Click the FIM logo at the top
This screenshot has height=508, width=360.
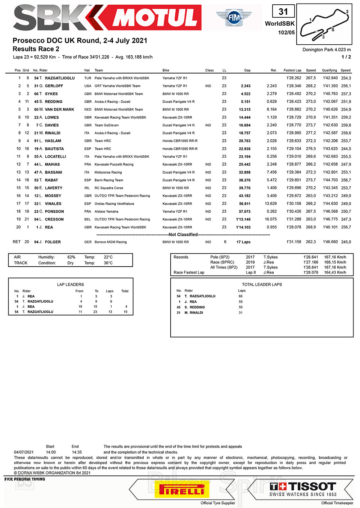tap(234, 17)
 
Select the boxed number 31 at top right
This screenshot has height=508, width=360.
tap(283, 12)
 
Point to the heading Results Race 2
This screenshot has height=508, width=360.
tap(36, 49)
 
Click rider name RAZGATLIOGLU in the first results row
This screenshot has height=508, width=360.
tap(60, 78)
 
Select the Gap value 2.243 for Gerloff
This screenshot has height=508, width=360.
tap(246, 86)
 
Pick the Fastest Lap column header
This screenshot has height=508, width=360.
tap(292, 70)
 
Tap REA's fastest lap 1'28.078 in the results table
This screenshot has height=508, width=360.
tap(294, 227)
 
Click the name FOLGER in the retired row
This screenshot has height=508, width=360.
tap(53, 242)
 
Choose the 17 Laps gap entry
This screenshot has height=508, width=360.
tap(243, 242)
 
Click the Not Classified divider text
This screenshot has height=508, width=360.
tap(183, 235)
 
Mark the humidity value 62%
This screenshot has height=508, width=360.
tap(71, 257)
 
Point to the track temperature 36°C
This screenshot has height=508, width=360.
tap(108, 263)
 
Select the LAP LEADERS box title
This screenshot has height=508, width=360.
tap(70, 285)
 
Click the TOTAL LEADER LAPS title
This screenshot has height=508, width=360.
tap(262, 285)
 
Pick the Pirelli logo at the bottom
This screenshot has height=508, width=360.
tap(181, 490)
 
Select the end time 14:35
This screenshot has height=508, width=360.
tap(77, 452)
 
